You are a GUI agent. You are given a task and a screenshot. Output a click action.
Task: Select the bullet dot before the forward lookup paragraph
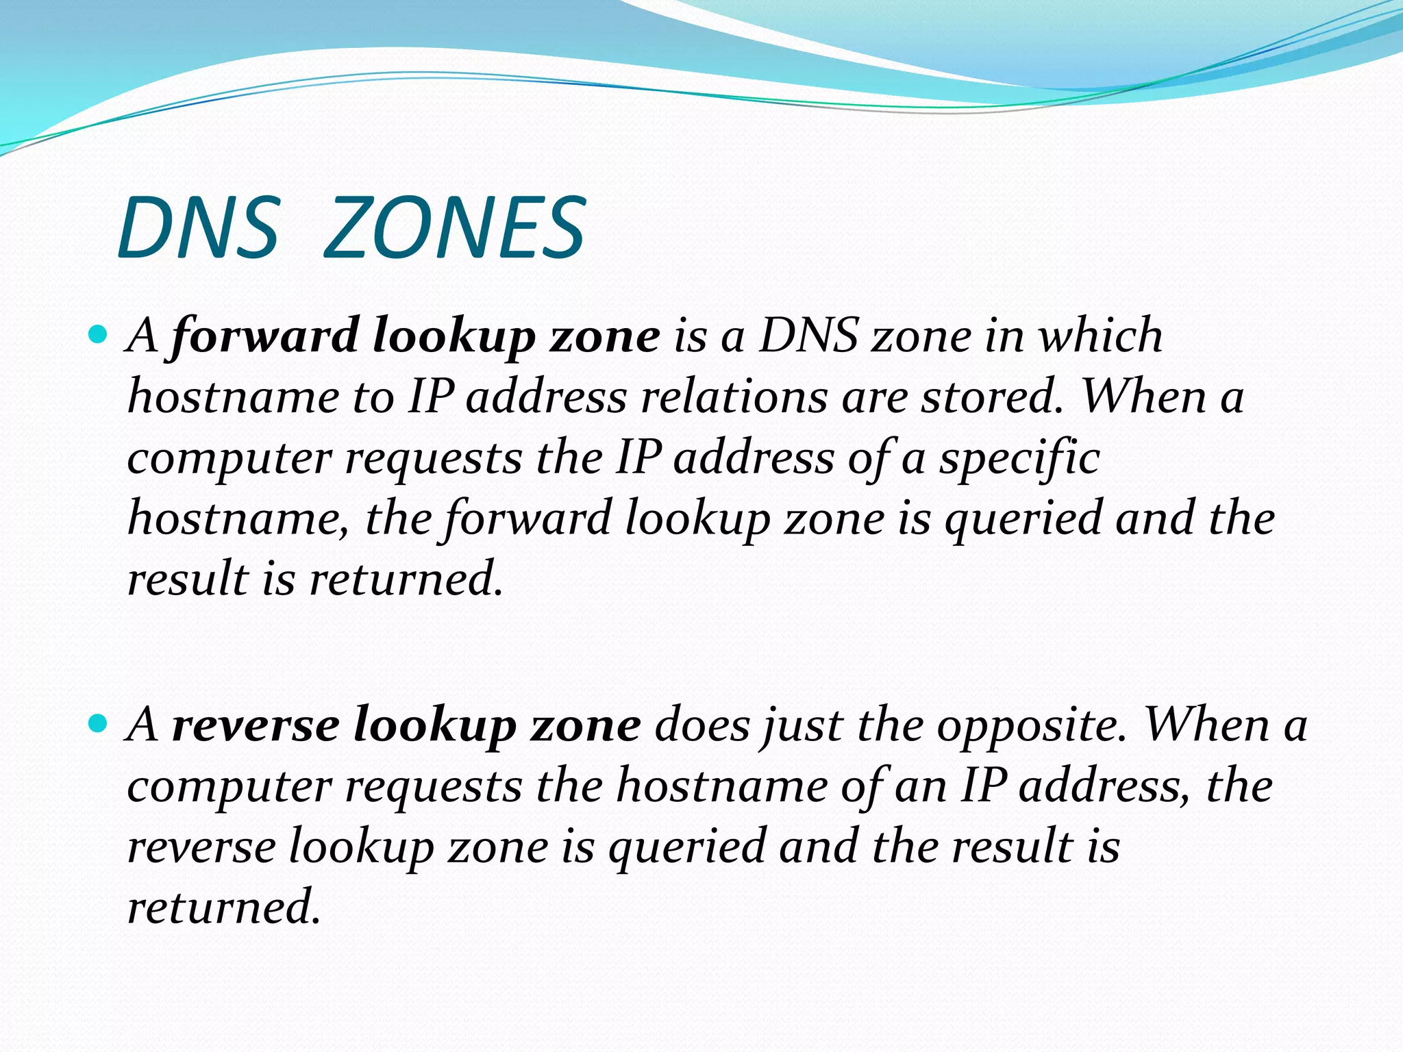(99, 335)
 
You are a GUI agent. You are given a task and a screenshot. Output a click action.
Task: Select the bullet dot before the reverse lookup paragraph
(99, 723)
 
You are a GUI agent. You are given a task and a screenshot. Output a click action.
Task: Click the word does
(702, 725)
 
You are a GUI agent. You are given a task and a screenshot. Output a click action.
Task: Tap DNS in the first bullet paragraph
(809, 336)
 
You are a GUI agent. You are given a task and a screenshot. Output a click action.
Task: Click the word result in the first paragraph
(188, 579)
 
